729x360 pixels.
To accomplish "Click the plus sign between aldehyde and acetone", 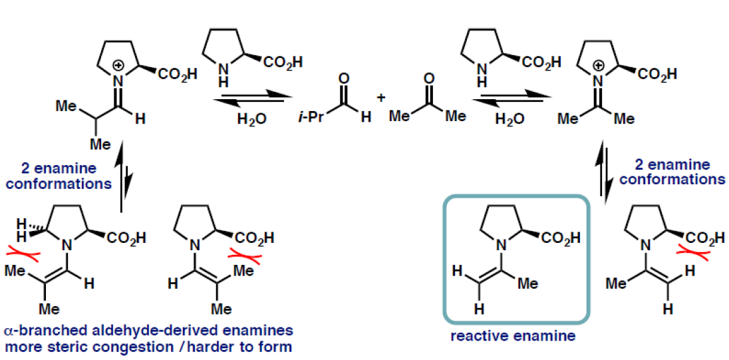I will [381, 98].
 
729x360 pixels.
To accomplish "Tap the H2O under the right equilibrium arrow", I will [510, 119].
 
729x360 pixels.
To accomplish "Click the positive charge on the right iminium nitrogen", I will [599, 65].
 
